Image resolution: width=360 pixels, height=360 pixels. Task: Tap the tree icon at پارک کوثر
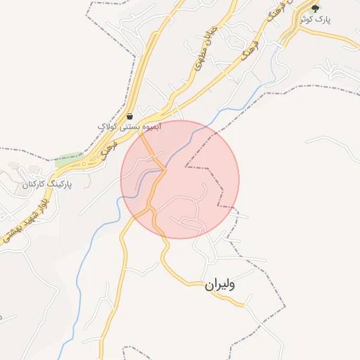coord(315,8)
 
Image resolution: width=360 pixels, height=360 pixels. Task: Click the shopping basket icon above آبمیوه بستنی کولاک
coord(130,116)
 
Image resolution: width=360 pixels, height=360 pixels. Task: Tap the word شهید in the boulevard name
coord(23,220)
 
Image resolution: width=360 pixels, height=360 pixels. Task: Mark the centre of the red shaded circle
coord(180,179)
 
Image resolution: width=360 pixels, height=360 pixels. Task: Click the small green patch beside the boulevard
coord(68,159)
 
